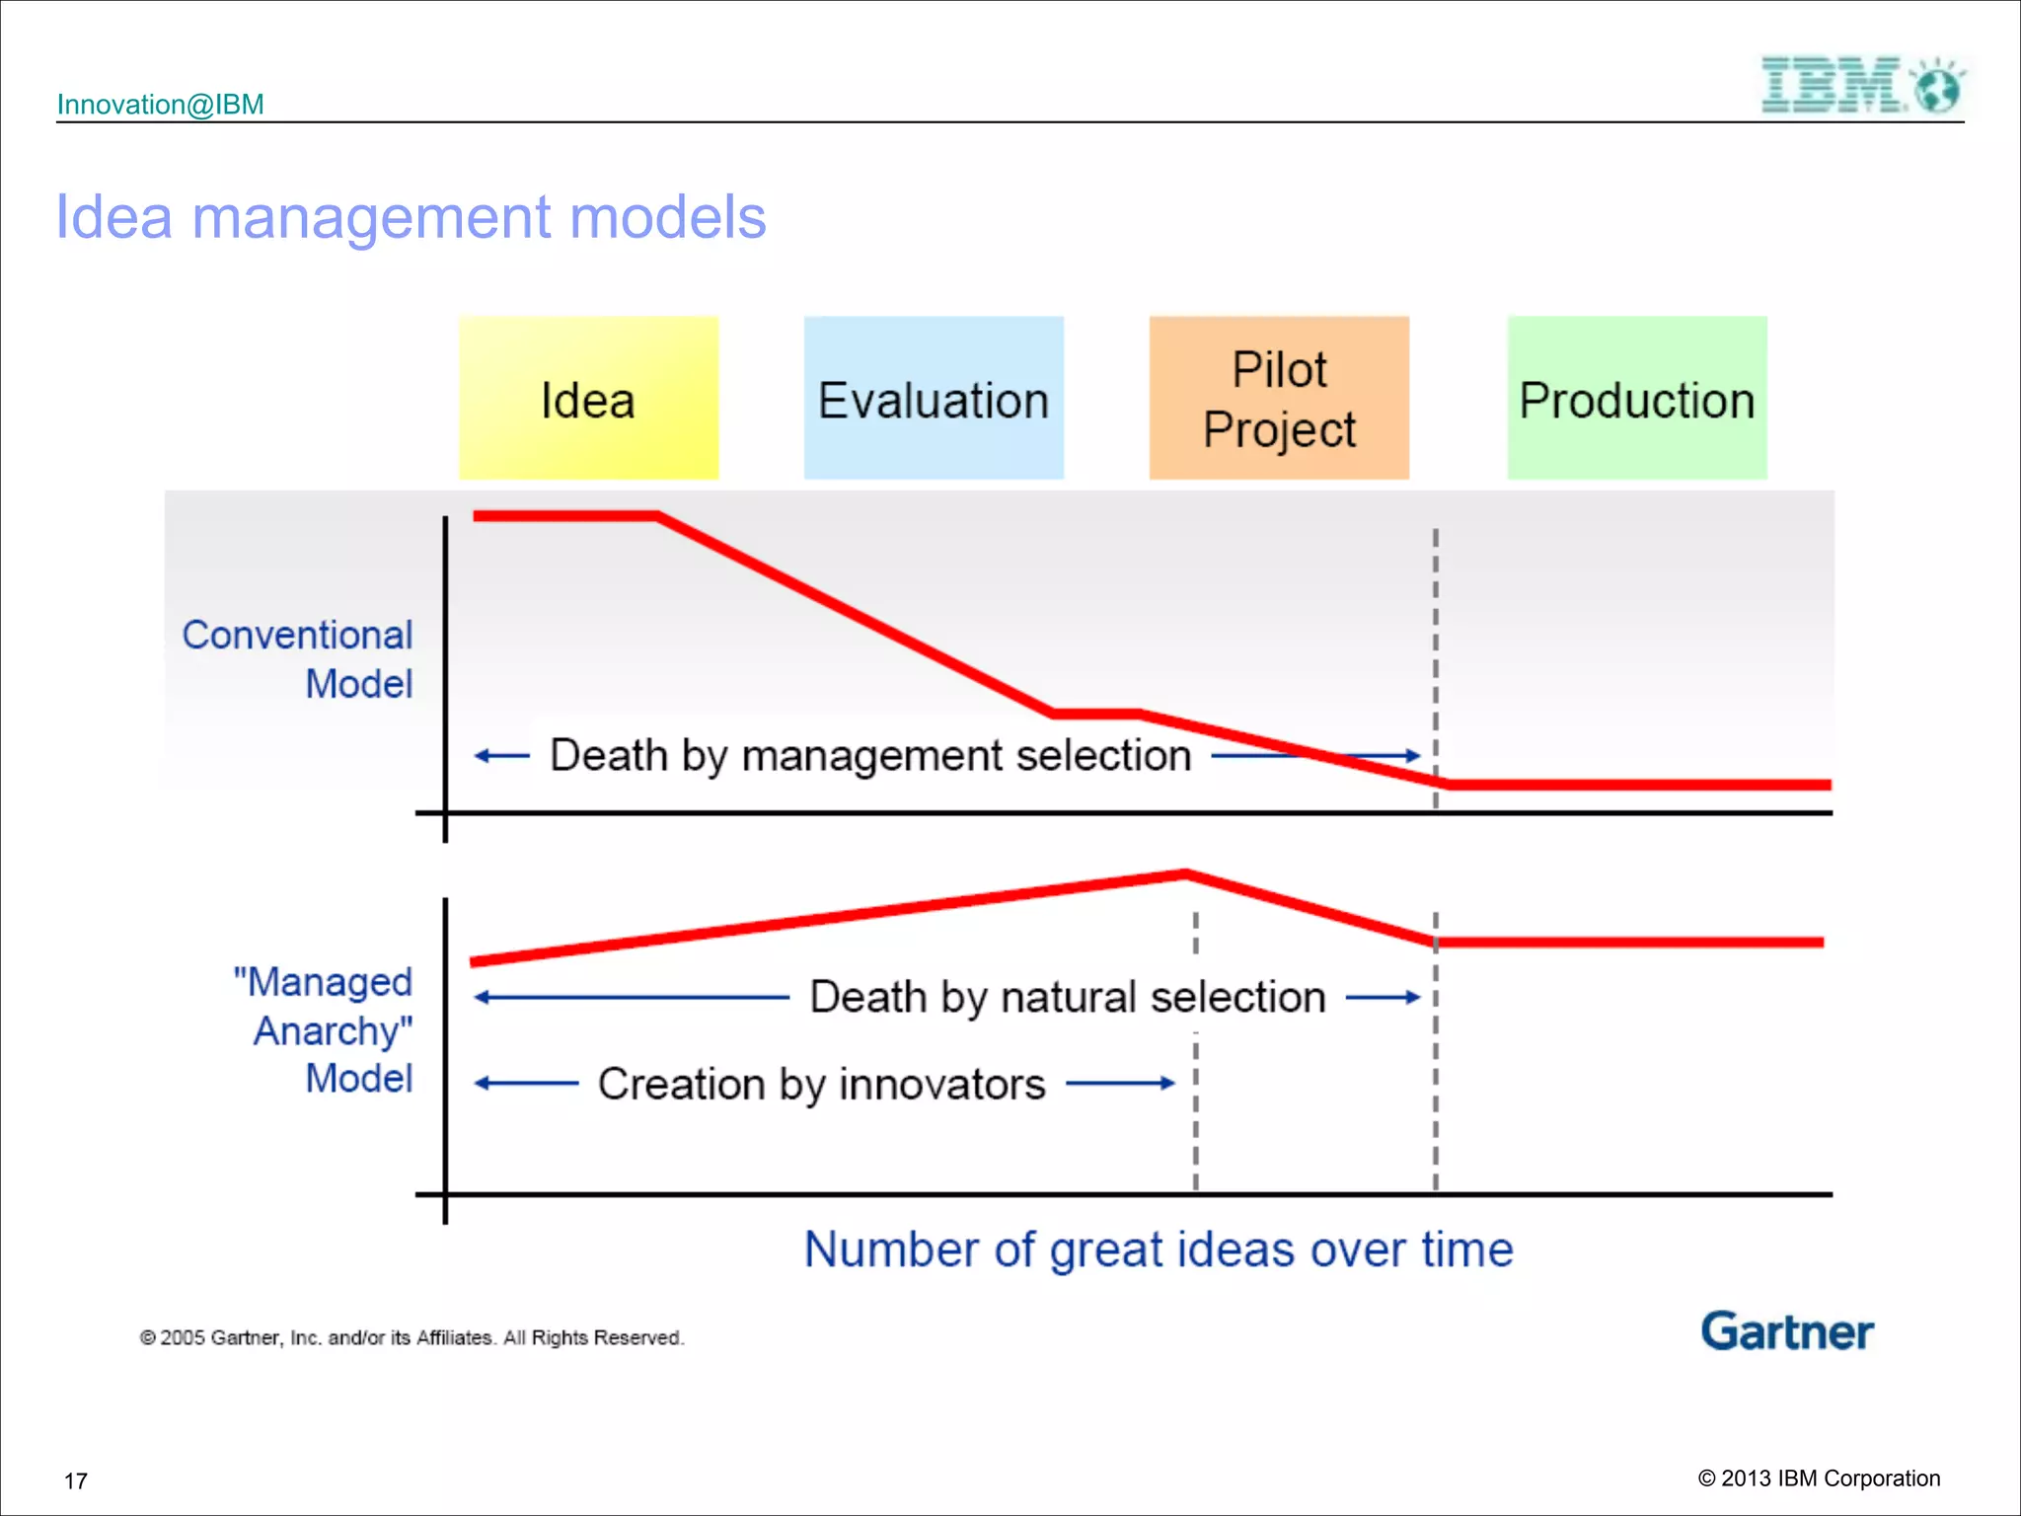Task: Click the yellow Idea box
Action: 588,398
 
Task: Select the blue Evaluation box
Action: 934,398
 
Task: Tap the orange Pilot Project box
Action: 1279,398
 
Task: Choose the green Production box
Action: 1637,398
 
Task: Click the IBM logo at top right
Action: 1861,85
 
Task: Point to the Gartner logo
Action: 1786,1331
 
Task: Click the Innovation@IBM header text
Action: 161,105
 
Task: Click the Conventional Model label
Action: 297,658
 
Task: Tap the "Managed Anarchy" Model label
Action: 323,1029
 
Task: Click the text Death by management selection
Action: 870,755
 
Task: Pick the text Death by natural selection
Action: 1068,997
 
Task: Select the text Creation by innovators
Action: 821,1084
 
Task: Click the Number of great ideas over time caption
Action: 1159,1250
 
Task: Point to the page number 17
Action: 76,1480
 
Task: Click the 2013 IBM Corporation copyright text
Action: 1819,1478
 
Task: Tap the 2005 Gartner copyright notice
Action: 412,1337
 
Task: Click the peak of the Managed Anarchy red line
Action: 1186,872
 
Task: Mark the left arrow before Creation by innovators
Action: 525,1083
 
